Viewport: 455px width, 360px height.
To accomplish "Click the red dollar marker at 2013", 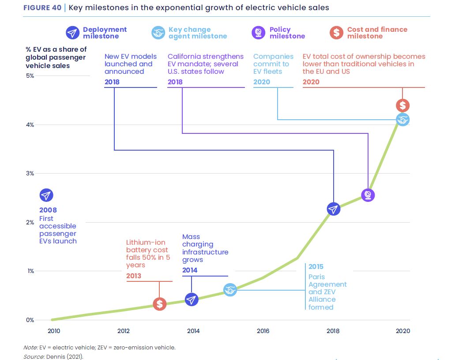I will pos(160,304).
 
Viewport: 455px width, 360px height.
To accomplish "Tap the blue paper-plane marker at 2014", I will pos(192,300).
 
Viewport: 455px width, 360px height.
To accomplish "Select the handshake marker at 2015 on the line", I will pos(230,290).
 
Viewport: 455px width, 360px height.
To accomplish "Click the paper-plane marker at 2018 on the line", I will pos(334,209).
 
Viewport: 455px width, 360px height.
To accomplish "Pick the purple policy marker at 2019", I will pos(368,195).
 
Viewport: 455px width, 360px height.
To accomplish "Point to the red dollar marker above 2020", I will pos(402,106).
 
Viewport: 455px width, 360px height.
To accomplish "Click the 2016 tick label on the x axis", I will pos(263,331).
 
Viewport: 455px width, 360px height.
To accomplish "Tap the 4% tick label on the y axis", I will pos(30,125).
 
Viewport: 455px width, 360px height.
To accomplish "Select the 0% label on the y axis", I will pos(30,320).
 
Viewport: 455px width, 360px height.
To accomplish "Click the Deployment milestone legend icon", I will pos(72,33).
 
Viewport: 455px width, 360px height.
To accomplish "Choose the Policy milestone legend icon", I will pos(258,33).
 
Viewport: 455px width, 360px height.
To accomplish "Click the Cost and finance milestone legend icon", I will pos(337,33).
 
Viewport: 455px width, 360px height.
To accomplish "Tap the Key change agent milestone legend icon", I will pos(158,33).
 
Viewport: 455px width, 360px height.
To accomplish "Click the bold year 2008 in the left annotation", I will pos(48,210).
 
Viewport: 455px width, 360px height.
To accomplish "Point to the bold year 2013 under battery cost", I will pos(134,276).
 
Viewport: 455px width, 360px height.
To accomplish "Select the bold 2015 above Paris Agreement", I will pos(316,266).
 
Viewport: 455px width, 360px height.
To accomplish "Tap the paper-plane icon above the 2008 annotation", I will pos(46,195).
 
